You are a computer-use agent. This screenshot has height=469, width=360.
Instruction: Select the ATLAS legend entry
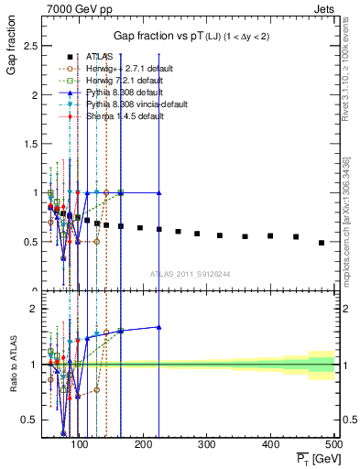[x=98, y=57]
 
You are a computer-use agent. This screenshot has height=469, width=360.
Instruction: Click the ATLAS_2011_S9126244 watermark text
[x=190, y=273]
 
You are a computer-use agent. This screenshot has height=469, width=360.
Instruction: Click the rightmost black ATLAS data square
[x=322, y=243]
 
